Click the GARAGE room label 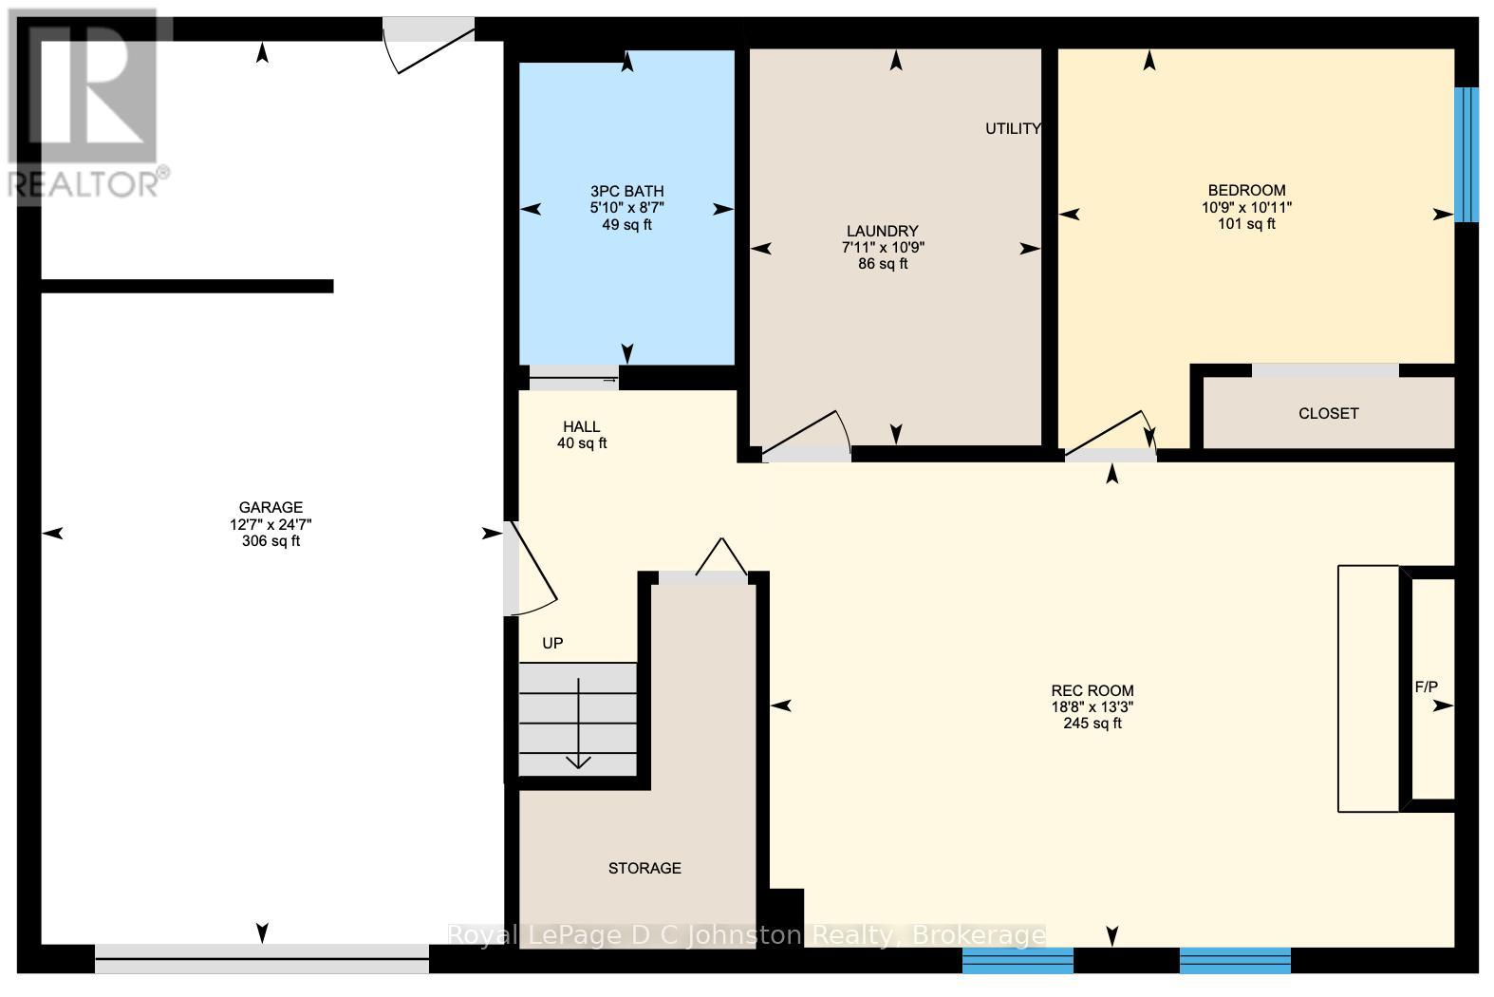click(271, 508)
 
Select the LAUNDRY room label click(883, 232)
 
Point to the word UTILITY click(1013, 129)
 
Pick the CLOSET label click(1328, 414)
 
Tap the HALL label click(581, 427)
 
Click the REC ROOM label click(1092, 691)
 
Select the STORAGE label click(644, 869)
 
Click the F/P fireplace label click(1426, 687)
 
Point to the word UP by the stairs click(552, 644)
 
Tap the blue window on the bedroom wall click(1466, 155)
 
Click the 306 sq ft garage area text click(271, 542)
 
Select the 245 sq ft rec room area click(1092, 724)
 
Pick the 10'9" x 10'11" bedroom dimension click(1246, 208)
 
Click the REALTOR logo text click(88, 183)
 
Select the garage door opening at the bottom click(262, 960)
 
